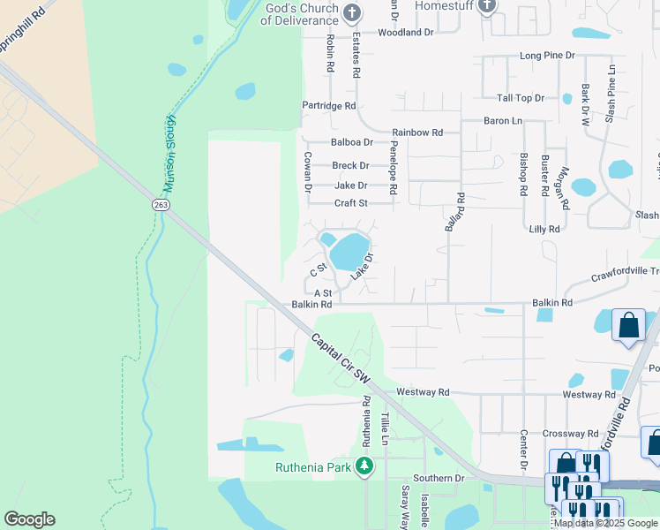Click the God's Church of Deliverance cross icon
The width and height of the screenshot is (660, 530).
coord(352,13)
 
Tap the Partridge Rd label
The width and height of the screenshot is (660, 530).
coord(329,105)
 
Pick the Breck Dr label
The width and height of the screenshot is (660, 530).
coord(350,165)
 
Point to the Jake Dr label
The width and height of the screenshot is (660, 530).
coord(350,185)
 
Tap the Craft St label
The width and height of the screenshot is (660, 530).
coord(350,203)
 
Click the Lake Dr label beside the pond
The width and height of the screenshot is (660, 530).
coord(363,267)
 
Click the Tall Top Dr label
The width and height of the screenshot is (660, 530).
coord(521,98)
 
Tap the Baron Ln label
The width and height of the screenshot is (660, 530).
coord(503,120)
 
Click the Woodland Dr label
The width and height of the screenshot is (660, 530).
coord(406,32)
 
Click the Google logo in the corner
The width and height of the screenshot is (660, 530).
coord(29,519)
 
